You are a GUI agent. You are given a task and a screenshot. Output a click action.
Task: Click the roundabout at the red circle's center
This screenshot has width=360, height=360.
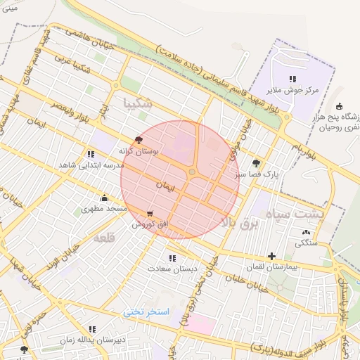pyautogui.click(x=192, y=172)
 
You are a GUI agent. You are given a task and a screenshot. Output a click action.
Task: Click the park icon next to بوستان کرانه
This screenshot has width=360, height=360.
pyautogui.click(x=138, y=139)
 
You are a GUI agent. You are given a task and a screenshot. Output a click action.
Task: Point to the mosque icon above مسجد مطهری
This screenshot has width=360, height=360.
pyautogui.click(x=104, y=198)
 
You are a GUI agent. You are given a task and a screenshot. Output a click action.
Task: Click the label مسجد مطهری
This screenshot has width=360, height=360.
pyautogui.click(x=102, y=210)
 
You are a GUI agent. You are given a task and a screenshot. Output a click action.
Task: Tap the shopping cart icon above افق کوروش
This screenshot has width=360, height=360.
pyautogui.click(x=149, y=213)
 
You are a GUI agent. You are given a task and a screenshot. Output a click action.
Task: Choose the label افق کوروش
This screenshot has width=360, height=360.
pyautogui.click(x=148, y=224)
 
